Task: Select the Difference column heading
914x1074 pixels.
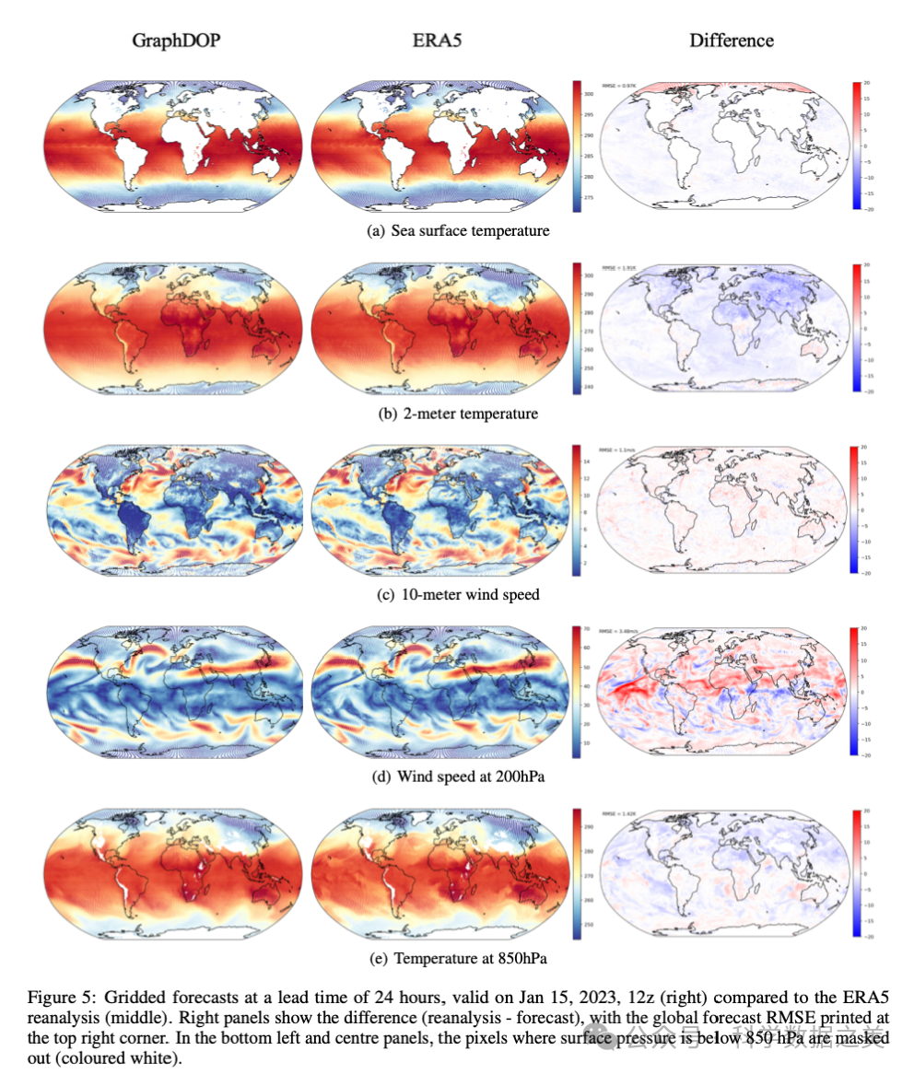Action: coord(732,41)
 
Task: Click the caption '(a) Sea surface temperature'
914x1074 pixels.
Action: coord(458,230)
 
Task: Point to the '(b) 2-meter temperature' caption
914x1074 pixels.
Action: coord(458,414)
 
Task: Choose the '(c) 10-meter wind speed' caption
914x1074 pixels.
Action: coord(458,594)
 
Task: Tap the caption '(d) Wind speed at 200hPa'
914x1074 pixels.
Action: coord(458,776)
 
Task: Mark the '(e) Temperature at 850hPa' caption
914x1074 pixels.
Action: coord(458,959)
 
